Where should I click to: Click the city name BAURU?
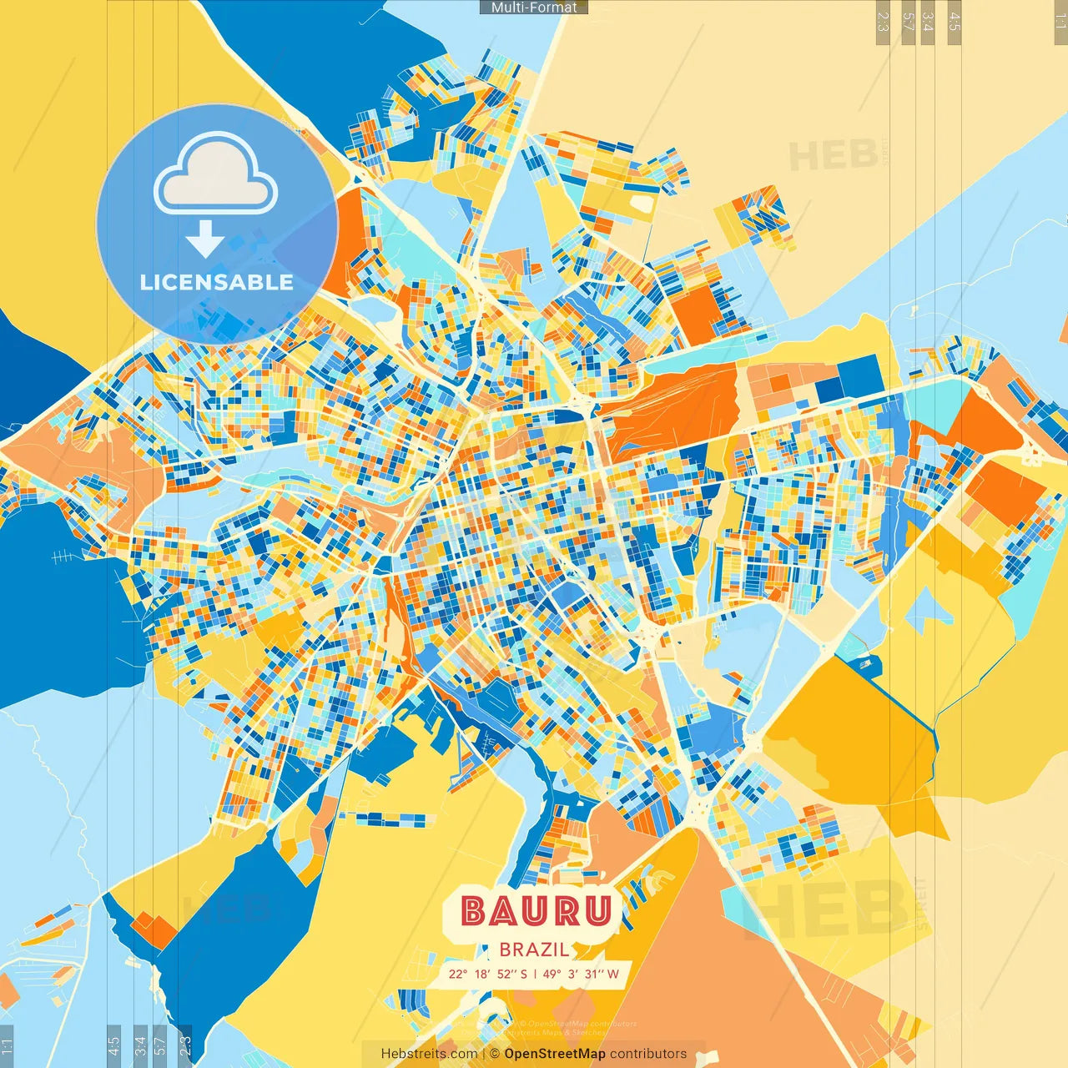tap(537, 911)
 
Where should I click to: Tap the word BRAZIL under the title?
tap(535, 950)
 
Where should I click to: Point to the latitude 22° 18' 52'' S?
tap(487, 974)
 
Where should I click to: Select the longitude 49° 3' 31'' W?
tap(581, 974)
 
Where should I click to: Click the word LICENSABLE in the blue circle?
tap(217, 282)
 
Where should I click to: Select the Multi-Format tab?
tap(534, 8)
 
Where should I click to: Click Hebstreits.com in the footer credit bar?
tap(429, 1054)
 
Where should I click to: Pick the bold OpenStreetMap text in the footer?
tap(555, 1054)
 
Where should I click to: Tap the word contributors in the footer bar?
tap(648, 1054)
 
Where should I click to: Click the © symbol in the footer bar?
tap(494, 1054)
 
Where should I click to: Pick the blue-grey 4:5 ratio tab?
tap(113, 1045)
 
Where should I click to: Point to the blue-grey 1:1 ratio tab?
tap(7, 1045)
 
